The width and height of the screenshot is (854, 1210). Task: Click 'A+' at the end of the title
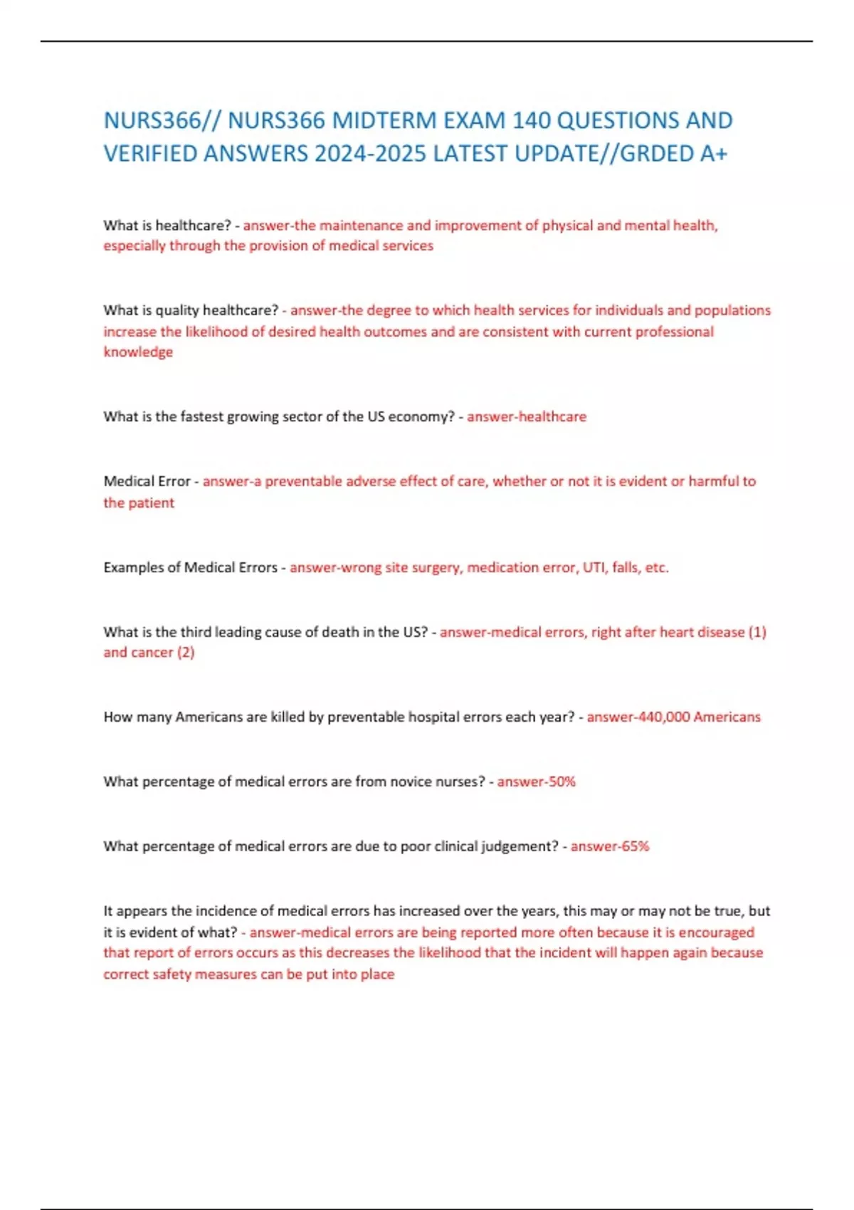pyautogui.click(x=713, y=153)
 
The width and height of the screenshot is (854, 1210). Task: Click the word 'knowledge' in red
pyautogui.click(x=138, y=352)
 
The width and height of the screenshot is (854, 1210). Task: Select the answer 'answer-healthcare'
pyautogui.click(x=527, y=416)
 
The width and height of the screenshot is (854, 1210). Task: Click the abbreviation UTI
pyautogui.click(x=594, y=567)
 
